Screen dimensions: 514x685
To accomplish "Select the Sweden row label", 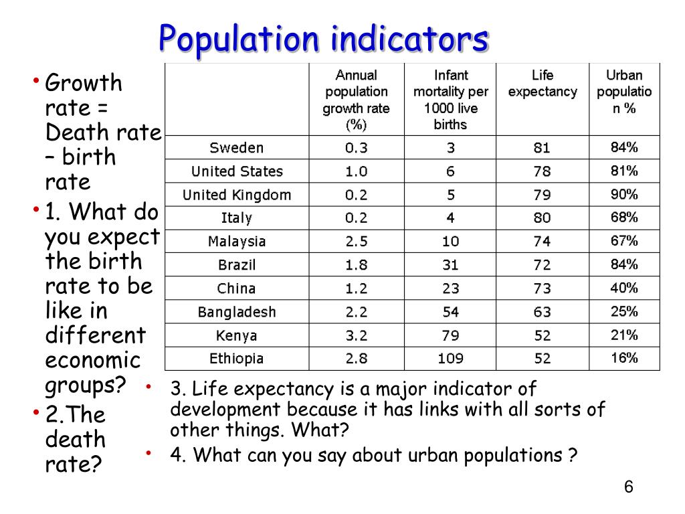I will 237,148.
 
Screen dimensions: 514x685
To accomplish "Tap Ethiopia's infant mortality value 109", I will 450,359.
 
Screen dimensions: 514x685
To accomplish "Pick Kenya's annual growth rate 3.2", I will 356,335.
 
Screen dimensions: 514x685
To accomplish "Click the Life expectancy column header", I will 543,84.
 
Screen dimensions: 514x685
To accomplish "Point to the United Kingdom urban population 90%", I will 624,195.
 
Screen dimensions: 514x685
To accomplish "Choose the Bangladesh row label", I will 237,312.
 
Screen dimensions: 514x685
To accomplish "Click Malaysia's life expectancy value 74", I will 543,242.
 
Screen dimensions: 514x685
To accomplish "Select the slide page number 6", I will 628,487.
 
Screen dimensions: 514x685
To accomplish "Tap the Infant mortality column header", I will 450,100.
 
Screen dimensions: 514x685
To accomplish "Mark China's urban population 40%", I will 624,288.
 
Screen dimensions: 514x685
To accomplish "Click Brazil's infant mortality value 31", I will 450,265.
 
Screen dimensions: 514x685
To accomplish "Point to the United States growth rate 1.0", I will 356,171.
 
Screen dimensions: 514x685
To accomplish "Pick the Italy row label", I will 237,218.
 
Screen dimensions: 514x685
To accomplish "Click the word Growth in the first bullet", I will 84,84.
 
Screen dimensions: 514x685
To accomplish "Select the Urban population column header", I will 624,92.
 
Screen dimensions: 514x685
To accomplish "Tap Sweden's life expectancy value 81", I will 543,148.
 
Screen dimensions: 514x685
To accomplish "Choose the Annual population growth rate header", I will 356,100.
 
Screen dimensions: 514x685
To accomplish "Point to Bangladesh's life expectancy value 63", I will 543,312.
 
